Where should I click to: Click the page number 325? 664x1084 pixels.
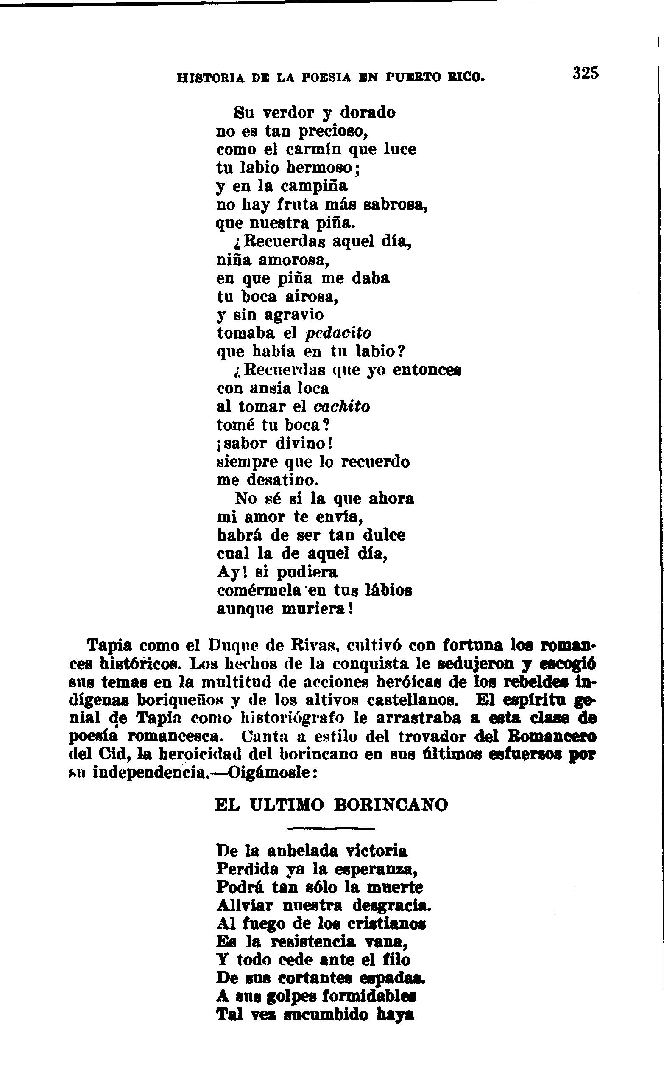pos(585,73)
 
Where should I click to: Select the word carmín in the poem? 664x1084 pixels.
pos(313,149)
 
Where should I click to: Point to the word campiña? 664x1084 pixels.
pos(314,187)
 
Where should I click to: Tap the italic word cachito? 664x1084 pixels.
pos(342,406)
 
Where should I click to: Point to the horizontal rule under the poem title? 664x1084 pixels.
pos(330,829)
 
